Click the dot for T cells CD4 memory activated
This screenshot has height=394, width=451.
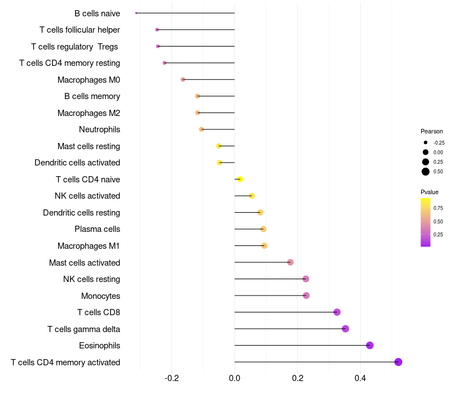(398, 362)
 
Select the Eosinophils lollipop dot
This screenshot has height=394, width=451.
(370, 346)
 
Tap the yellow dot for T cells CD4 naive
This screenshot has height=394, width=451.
(240, 180)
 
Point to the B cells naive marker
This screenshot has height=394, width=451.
(136, 13)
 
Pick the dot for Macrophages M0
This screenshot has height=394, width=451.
(183, 79)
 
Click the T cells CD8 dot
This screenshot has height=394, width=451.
(337, 312)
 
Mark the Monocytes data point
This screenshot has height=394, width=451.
(306, 295)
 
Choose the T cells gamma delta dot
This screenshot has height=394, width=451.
(346, 329)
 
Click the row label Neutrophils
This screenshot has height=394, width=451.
(100, 129)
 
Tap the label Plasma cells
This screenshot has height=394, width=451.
(97, 229)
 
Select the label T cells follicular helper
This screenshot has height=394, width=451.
(79, 29)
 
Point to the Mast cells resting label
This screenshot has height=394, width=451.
(89, 146)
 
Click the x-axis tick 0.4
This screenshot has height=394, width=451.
(360, 378)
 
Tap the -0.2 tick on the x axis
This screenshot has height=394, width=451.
(171, 378)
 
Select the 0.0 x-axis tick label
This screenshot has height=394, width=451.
(235, 378)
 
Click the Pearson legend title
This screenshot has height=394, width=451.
(432, 131)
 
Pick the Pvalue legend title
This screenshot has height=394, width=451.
(430, 192)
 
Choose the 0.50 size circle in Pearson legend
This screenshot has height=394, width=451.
(426, 172)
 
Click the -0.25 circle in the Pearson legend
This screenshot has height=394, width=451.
(426, 142)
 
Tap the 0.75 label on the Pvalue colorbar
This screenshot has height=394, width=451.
(439, 208)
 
